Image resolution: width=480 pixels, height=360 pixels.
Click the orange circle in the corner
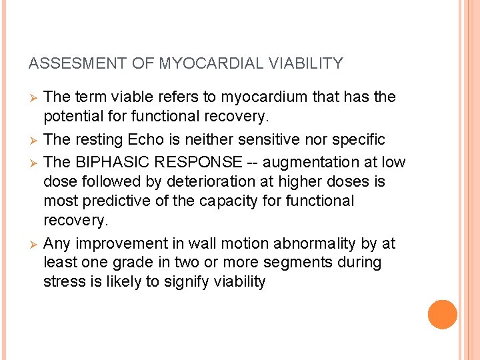pos(443,315)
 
